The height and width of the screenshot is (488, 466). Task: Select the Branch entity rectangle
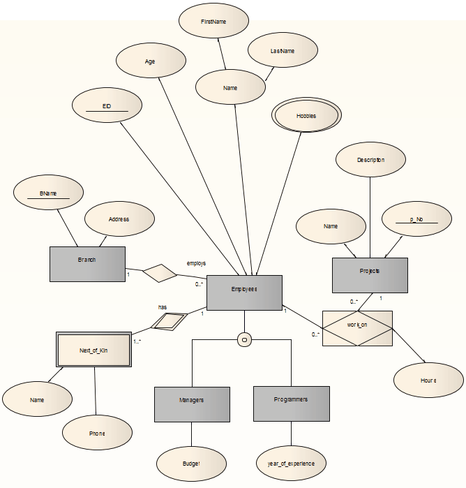pyautogui.click(x=87, y=263)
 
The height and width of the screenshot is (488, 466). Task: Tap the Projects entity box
pyautogui.click(x=369, y=274)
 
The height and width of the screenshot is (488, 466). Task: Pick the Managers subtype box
pyautogui.click(x=192, y=404)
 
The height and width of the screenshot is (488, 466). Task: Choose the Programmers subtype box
pyautogui.click(x=291, y=403)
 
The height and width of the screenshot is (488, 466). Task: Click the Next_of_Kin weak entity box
pyautogui.click(x=93, y=348)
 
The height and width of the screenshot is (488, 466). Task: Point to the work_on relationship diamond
pyautogui.click(x=357, y=328)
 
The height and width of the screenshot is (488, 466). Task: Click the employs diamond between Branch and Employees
pyautogui.click(x=160, y=273)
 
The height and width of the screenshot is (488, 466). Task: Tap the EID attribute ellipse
pyautogui.click(x=107, y=105)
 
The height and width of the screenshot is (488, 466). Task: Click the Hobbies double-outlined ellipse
pyautogui.click(x=306, y=116)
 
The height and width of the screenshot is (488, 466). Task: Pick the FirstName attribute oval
pyautogui.click(x=213, y=22)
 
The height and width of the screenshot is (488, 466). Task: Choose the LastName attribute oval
pyautogui.click(x=283, y=51)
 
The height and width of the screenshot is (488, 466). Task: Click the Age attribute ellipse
pyautogui.click(x=150, y=61)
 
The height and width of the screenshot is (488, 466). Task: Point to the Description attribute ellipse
pyautogui.click(x=370, y=159)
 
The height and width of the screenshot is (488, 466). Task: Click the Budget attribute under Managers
pyautogui.click(x=191, y=464)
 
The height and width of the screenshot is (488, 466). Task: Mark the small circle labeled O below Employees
pyautogui.click(x=244, y=339)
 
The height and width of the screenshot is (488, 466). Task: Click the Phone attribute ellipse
pyautogui.click(x=97, y=433)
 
